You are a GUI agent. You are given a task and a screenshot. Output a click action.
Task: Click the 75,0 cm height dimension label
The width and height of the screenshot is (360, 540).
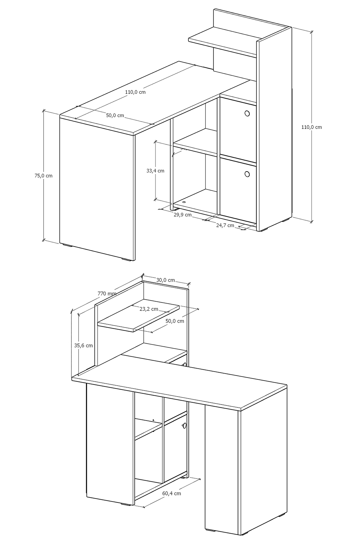point(43,176)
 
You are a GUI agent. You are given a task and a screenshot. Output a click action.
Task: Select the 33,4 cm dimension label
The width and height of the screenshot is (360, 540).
point(155,171)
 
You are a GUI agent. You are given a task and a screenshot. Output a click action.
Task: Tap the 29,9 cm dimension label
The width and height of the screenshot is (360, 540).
point(183,214)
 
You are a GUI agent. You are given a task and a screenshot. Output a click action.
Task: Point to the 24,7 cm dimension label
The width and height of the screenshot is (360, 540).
point(225,225)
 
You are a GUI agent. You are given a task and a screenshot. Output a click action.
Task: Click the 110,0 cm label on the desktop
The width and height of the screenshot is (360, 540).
point(135,92)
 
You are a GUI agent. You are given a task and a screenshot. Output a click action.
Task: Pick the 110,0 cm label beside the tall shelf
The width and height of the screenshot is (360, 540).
point(312,127)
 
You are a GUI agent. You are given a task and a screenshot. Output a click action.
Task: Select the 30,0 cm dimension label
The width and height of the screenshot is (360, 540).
point(166,280)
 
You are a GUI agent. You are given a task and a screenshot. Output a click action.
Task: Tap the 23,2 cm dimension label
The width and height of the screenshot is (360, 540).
point(149,309)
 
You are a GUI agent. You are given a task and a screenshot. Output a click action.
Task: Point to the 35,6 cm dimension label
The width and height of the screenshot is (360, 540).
point(83,346)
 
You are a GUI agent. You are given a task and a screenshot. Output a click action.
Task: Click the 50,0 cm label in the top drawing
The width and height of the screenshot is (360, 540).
point(115,115)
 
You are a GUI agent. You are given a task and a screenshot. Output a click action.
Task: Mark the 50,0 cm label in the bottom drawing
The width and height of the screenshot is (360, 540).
point(175,321)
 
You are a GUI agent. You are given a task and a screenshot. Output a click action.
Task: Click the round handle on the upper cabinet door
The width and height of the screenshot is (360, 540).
point(247,113)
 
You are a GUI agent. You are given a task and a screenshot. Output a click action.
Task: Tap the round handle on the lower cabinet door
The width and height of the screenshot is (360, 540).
point(247,174)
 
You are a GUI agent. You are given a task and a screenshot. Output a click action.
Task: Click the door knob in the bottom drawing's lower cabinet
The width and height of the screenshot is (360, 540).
point(185,425)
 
